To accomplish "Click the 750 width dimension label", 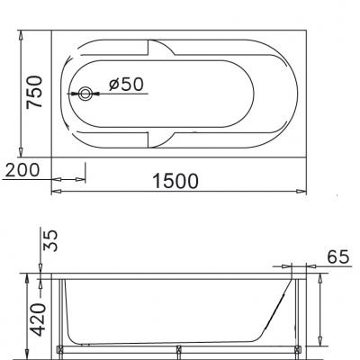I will coord(34,92).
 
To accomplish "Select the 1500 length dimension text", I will coord(175,181).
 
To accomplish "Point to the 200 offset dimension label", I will coord(23,170).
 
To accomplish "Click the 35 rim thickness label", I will coord(51,239).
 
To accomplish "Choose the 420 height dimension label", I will coord(35,317).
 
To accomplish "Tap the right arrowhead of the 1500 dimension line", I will coord(302,192).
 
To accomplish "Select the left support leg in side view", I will coord(61,315).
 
